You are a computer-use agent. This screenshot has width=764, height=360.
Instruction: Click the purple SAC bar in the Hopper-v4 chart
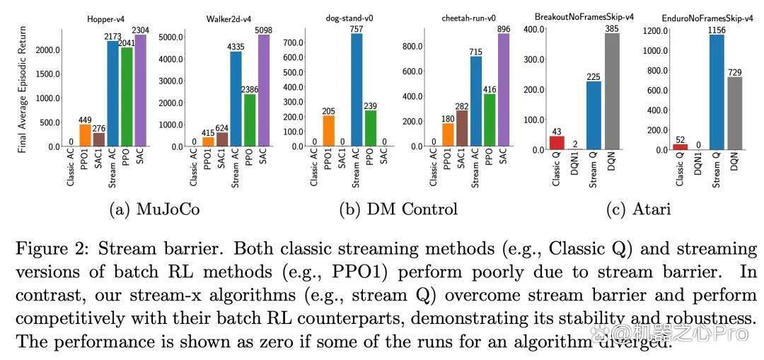pos(140,90)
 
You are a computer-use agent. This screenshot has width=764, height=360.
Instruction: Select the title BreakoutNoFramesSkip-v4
pos(584,17)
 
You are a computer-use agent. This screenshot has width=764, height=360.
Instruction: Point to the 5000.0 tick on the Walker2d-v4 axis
pos(173,37)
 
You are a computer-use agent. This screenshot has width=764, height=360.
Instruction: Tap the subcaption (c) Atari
pos(638,209)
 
